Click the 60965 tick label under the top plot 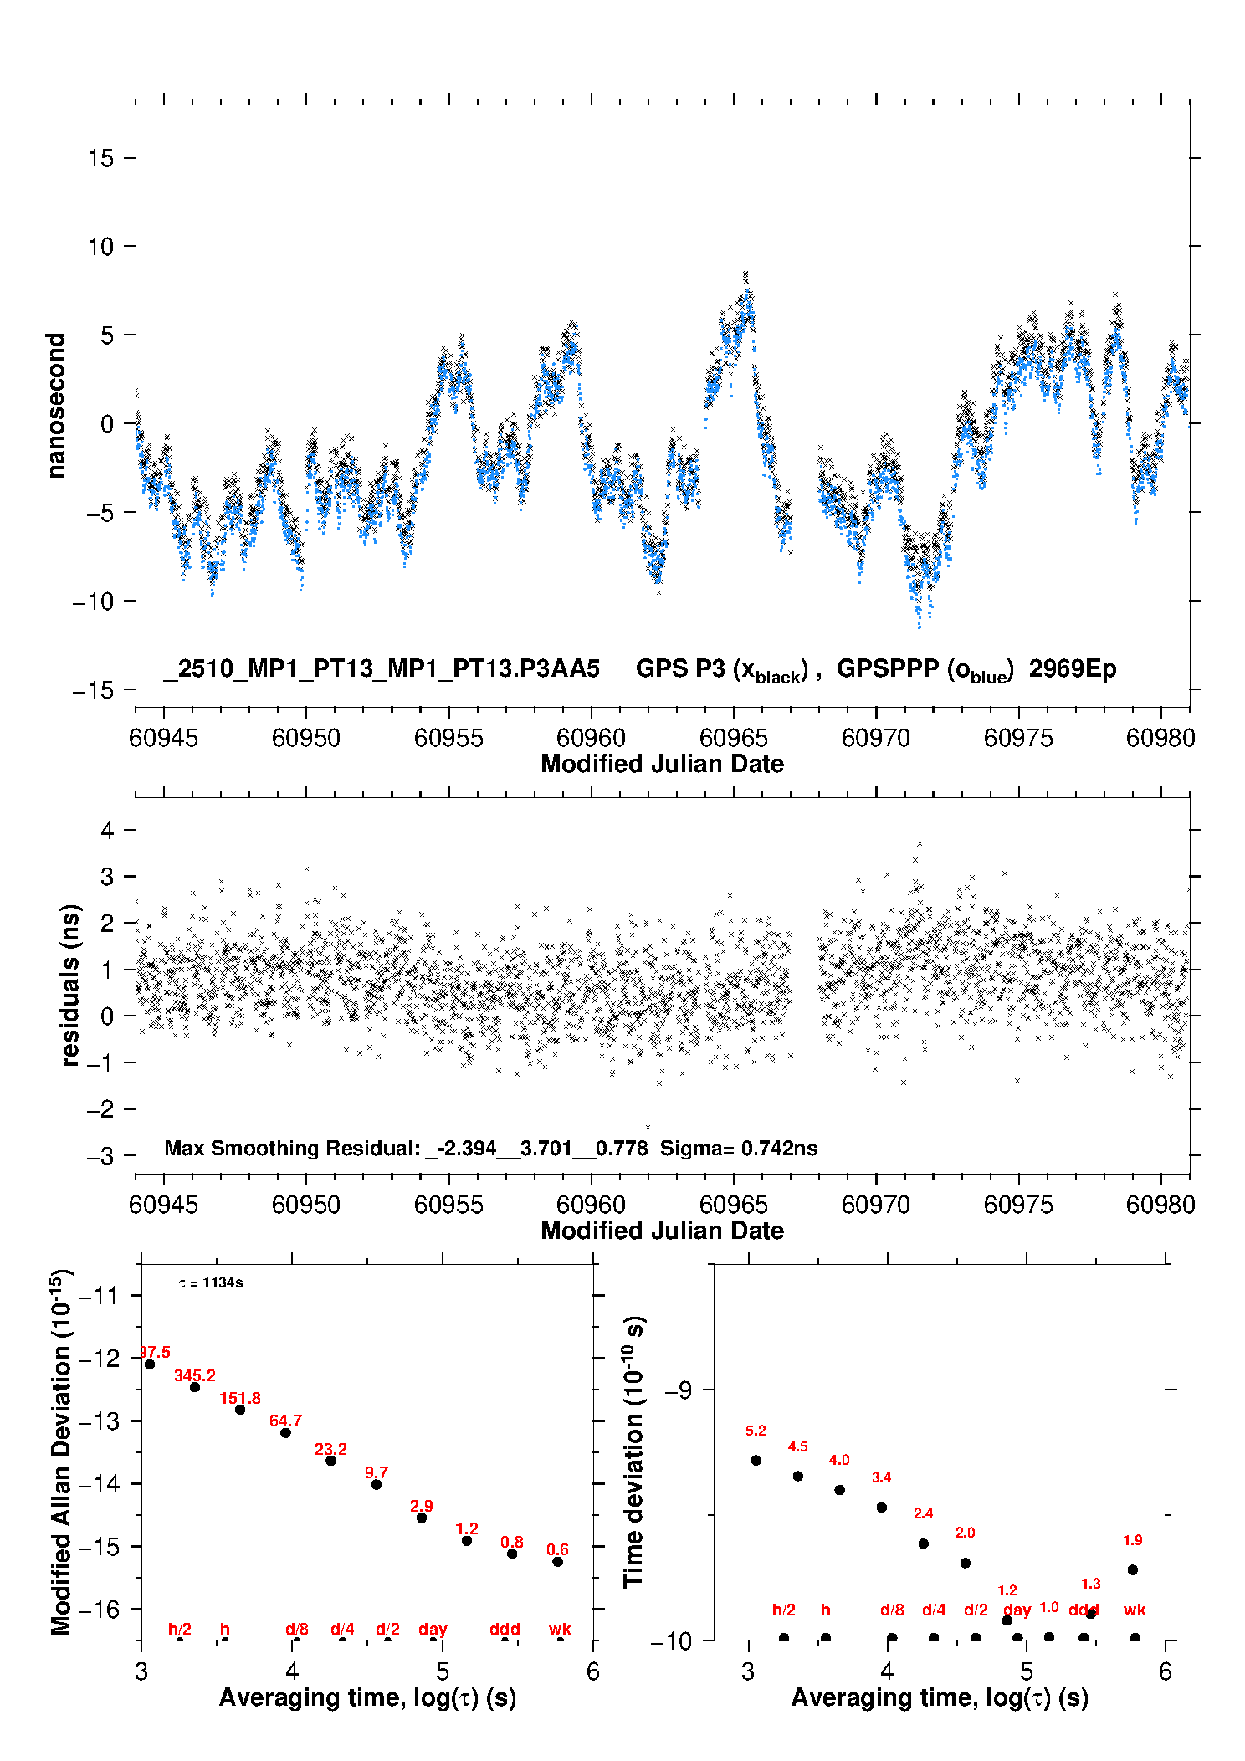(x=733, y=738)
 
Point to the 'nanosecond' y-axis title (x=55, y=406)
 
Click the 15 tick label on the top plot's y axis (x=101, y=158)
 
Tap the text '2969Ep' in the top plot (x=1073, y=669)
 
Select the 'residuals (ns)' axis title (x=71, y=985)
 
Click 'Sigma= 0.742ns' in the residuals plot (x=739, y=1148)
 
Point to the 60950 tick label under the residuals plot (x=306, y=1205)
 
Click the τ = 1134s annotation (x=211, y=1283)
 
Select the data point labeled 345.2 (x=195, y=1387)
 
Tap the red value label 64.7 (x=285, y=1421)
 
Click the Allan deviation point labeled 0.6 (x=557, y=1562)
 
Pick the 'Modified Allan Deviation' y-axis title (x=61, y=1451)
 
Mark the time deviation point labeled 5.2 (x=756, y=1461)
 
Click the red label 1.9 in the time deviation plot (x=1133, y=1540)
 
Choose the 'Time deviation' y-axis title (x=633, y=1451)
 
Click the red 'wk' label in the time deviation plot (x=1135, y=1610)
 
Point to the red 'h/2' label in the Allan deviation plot (x=180, y=1629)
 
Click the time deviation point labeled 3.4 (x=882, y=1508)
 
